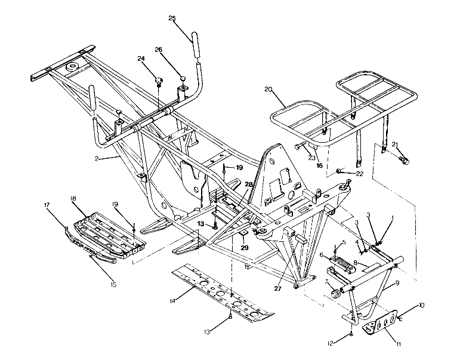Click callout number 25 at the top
(172, 19)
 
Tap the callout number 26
(159, 50)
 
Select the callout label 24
(141, 59)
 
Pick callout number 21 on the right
(394, 144)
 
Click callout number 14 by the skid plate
(172, 300)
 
